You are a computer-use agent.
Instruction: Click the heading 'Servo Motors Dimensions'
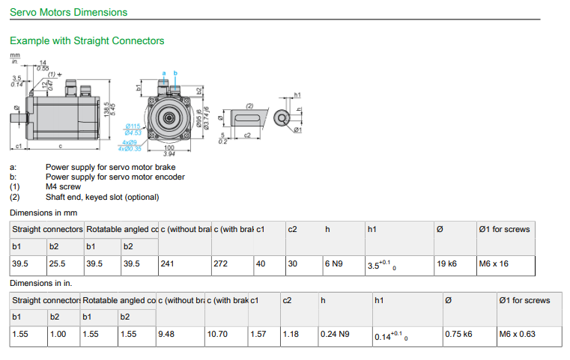(x=68, y=12)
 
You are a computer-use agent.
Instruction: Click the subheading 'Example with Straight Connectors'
(x=87, y=40)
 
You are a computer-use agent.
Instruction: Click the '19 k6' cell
(x=447, y=264)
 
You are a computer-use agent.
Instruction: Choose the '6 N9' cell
(x=335, y=264)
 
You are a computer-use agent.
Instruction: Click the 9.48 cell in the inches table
(x=166, y=334)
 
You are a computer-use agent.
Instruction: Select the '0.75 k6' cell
(x=458, y=334)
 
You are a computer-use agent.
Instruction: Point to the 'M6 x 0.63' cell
(x=518, y=334)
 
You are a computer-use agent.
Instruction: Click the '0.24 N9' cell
(x=335, y=334)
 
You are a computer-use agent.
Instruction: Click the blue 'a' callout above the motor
(x=164, y=72)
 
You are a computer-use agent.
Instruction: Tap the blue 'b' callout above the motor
(x=175, y=72)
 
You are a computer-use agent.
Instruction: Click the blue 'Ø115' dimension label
(x=133, y=126)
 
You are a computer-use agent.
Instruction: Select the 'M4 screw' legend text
(x=64, y=187)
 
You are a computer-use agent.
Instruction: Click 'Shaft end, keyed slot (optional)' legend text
(x=103, y=197)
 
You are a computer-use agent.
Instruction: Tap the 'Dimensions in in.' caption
(x=42, y=283)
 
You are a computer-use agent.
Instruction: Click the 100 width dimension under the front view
(x=169, y=147)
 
